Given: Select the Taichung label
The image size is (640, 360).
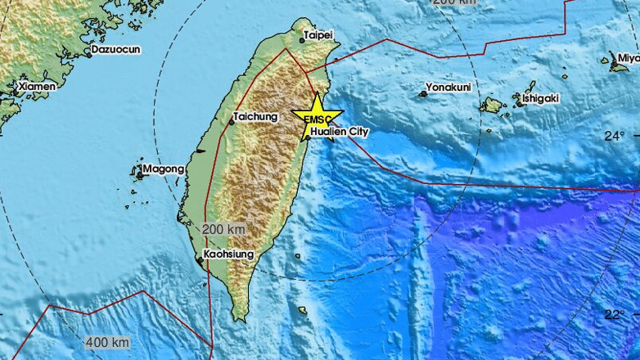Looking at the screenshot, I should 255,117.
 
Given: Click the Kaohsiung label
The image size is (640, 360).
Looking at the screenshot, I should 229,254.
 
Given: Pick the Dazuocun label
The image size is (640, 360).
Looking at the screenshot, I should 115,49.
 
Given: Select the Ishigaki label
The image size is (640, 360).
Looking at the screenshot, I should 540,98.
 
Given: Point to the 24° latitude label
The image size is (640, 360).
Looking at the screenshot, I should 615,136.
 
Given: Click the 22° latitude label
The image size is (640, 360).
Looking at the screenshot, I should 615,313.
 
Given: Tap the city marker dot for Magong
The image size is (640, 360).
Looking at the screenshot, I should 140,174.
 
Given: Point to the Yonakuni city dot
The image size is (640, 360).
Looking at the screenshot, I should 423,94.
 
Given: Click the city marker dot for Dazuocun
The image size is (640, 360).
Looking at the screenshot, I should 88,55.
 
